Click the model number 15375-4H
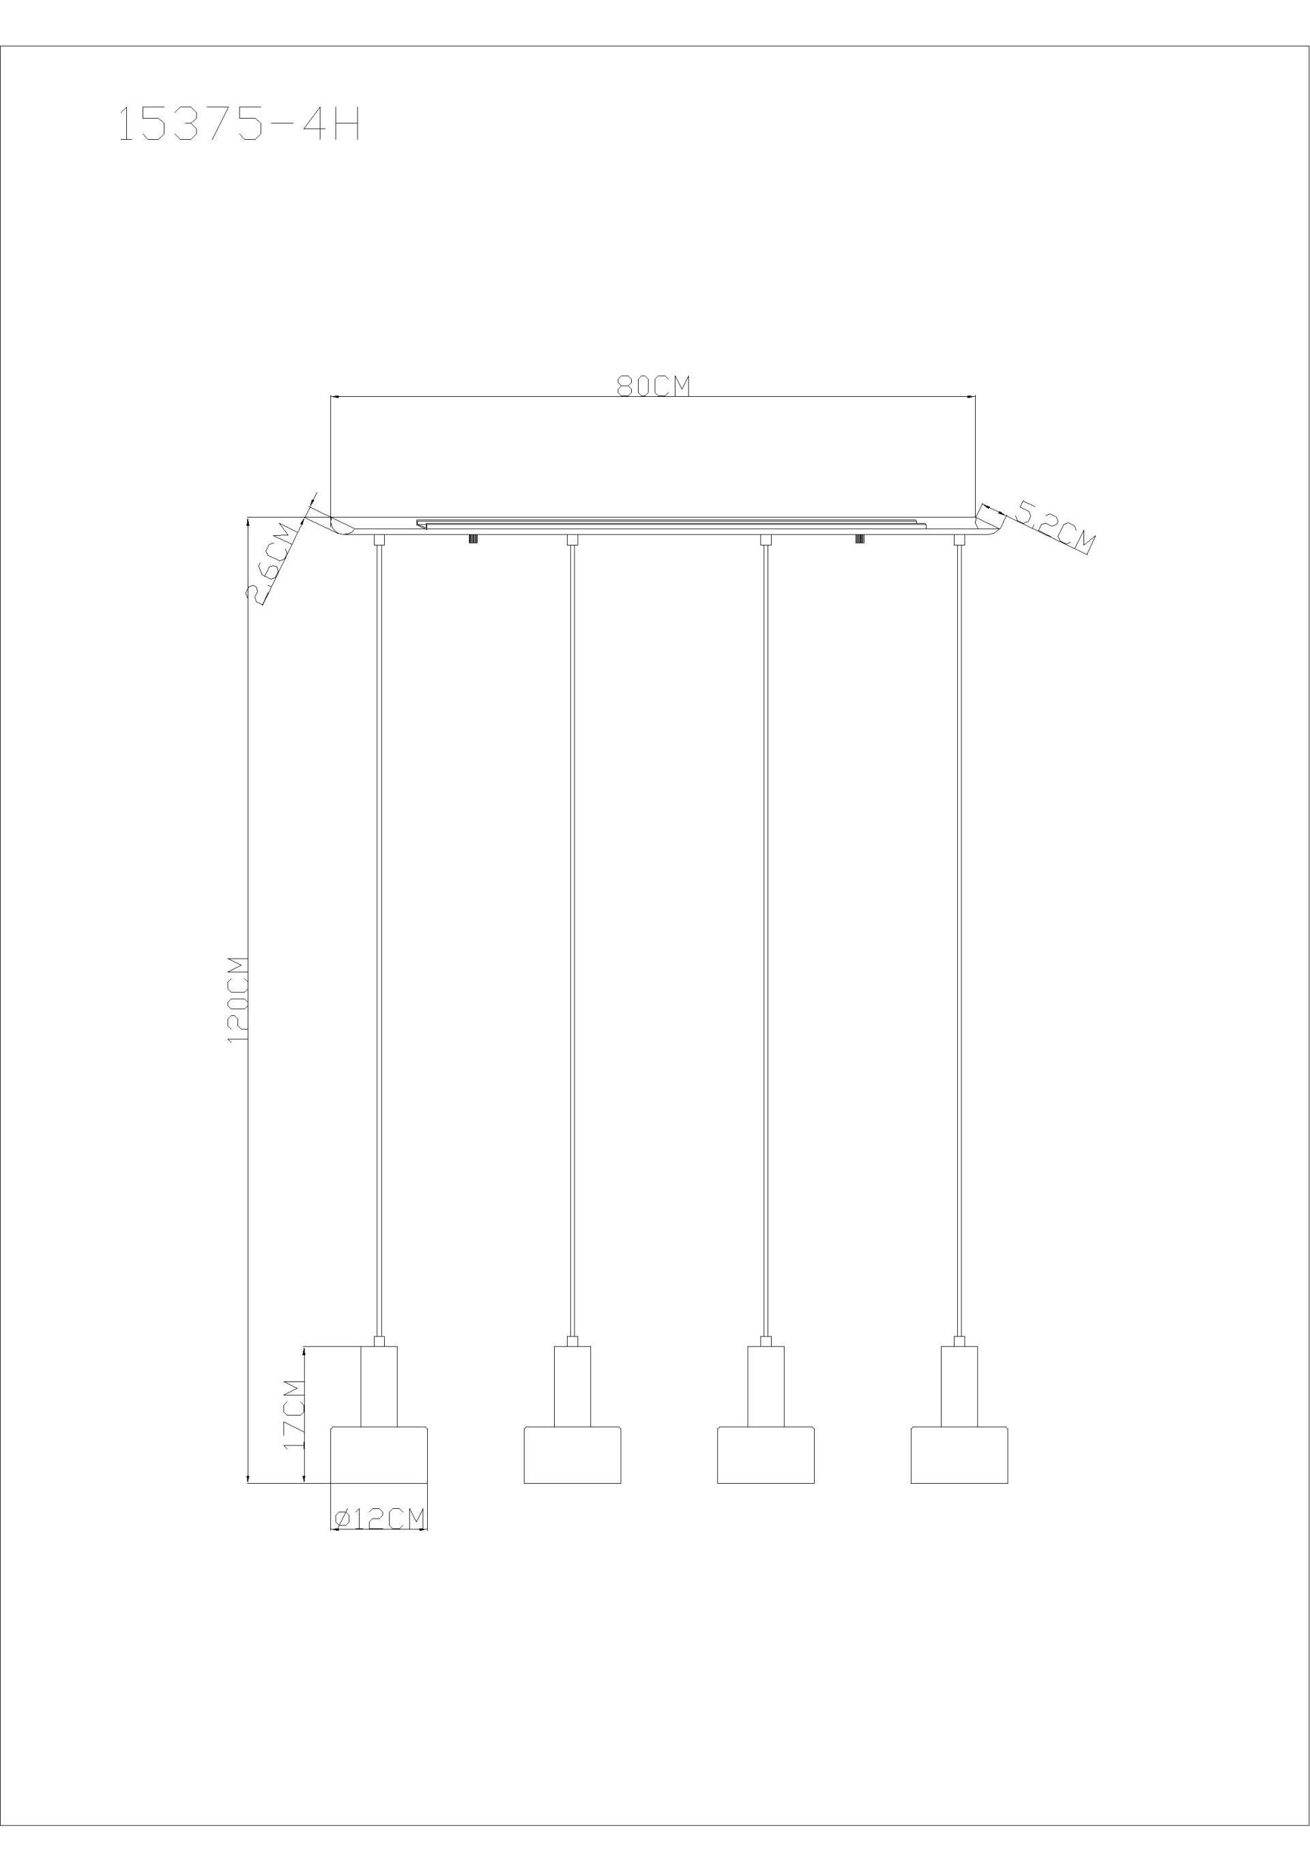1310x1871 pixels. [239, 125]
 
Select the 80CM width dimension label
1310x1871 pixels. [653, 385]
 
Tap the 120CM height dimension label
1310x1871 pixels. [237, 1001]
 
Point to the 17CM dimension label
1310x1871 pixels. [293, 1414]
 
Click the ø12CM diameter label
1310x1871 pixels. [380, 1517]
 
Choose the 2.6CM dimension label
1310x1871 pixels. [272, 561]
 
